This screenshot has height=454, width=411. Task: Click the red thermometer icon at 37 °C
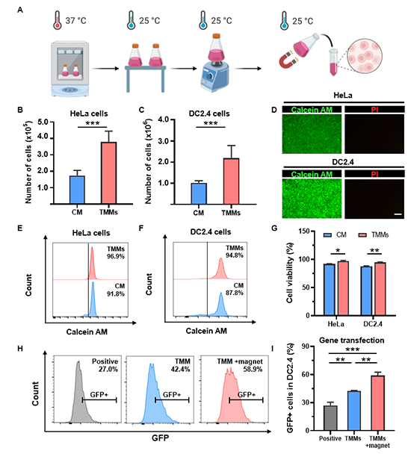tap(58, 20)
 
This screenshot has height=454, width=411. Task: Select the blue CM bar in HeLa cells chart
tap(77, 190)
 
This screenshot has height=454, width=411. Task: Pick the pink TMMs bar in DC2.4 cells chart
tap(231, 181)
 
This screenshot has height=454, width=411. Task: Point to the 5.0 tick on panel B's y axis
tap(43, 122)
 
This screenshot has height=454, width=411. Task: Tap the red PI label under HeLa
tap(374, 110)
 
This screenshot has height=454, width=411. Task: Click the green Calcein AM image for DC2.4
tap(312, 199)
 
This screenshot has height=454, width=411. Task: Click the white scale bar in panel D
tap(398, 214)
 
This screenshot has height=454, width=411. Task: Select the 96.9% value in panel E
tap(116, 257)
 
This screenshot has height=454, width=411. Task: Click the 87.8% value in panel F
tap(235, 293)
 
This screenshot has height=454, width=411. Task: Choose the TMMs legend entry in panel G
tap(374, 234)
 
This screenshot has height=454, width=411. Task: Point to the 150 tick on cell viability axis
tap(304, 231)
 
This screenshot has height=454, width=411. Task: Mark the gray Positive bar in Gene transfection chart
tap(330, 418)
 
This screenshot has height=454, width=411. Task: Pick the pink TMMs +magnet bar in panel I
tap(377, 403)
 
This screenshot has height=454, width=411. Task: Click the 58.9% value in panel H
tap(253, 369)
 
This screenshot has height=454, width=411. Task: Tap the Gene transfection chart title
tap(351, 340)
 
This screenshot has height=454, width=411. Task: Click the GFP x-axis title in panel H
tap(160, 438)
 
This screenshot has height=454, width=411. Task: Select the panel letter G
tap(274, 228)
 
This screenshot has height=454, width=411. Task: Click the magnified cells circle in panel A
tap(365, 56)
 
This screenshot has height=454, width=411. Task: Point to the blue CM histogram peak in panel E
tap(93, 299)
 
